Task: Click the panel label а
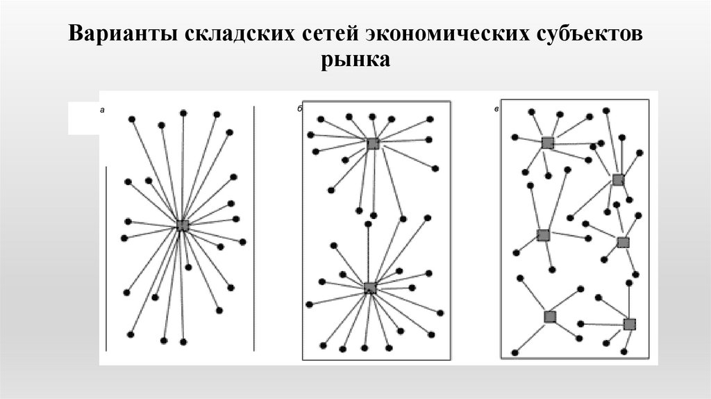102,110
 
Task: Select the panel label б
299,110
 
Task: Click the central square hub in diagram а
183,225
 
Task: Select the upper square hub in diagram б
373,143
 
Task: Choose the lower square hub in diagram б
370,288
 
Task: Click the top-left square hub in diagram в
547,142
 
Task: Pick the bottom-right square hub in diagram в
629,324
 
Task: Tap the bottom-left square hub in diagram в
550,317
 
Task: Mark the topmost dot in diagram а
183,113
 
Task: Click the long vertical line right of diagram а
254,229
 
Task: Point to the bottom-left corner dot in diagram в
515,352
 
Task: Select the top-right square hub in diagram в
618,180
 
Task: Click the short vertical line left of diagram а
106,257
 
